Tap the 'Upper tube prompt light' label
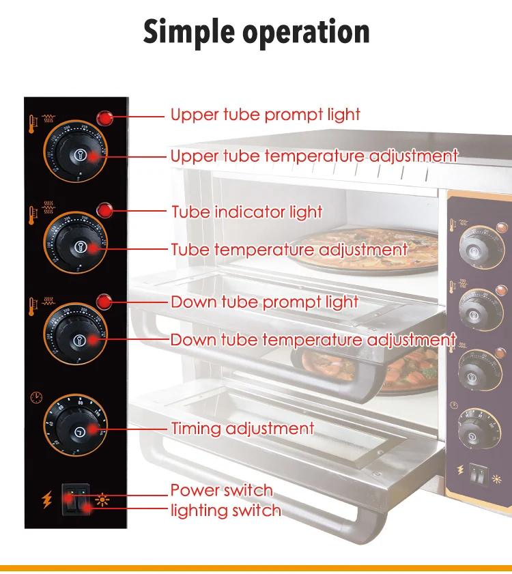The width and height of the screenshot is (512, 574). (x=266, y=115)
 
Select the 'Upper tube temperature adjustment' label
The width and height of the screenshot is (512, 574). (x=314, y=156)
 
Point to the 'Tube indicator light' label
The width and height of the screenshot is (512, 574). (x=246, y=212)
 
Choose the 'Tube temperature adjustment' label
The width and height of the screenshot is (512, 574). (x=289, y=250)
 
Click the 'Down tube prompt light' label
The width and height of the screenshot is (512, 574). (x=264, y=302)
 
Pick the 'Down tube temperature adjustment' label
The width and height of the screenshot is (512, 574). (x=313, y=339)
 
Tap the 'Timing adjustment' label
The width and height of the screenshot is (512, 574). (x=242, y=429)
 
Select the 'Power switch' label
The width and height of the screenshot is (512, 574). (x=221, y=490)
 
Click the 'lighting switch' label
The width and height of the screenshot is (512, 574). (x=225, y=511)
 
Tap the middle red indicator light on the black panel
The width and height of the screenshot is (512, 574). (x=104, y=210)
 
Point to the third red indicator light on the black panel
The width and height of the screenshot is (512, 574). (x=104, y=301)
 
